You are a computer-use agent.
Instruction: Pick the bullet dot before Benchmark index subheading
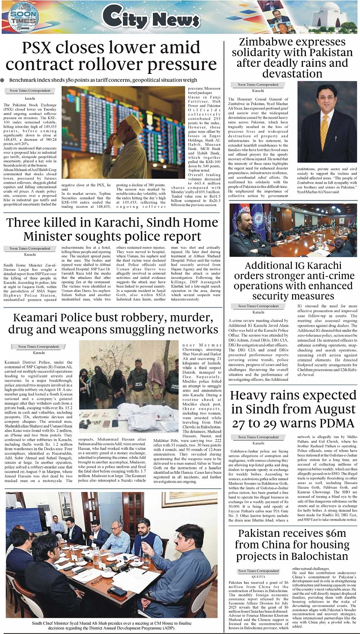click(4, 80)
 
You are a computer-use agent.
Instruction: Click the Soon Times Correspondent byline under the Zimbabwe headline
click(258, 85)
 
